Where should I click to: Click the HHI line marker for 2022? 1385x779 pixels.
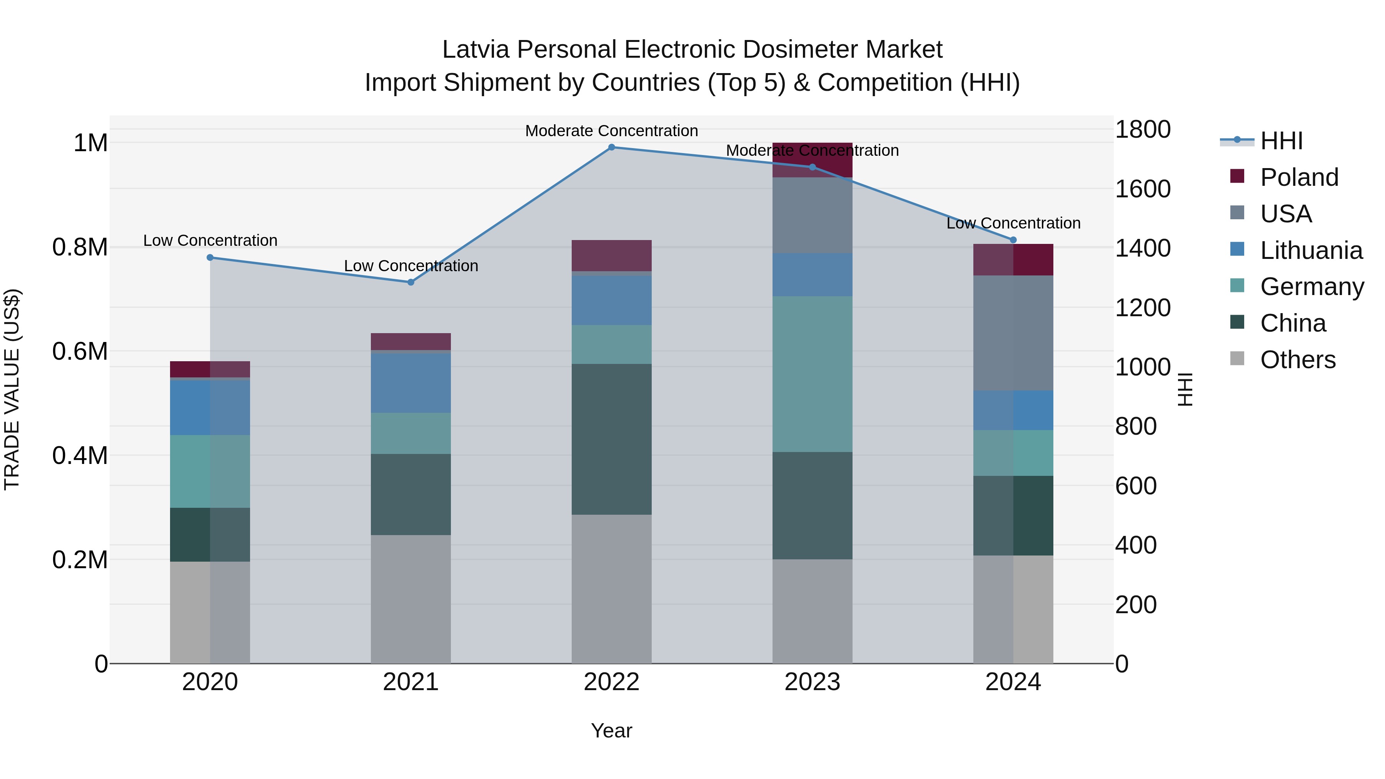click(x=611, y=147)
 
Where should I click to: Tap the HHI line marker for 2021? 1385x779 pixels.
click(x=411, y=282)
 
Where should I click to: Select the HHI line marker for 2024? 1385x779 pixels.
click(x=1013, y=240)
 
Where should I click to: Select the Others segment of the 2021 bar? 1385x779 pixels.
click(x=411, y=599)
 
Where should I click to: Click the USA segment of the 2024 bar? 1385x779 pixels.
click(x=1013, y=333)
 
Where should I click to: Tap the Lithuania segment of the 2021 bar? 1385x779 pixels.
click(x=411, y=383)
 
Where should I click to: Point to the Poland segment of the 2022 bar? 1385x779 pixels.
click(x=611, y=255)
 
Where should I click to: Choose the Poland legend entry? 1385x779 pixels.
click(x=1298, y=177)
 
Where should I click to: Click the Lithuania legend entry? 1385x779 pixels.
click(x=1311, y=250)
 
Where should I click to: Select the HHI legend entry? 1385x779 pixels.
click(x=1281, y=141)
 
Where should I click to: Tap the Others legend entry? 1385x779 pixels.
click(x=1297, y=360)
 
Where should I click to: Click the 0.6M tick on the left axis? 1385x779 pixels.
click(x=80, y=352)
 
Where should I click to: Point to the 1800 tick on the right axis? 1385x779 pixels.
click(x=1143, y=130)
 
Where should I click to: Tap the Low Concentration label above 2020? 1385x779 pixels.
click(x=210, y=240)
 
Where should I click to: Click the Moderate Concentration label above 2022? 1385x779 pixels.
click(x=611, y=131)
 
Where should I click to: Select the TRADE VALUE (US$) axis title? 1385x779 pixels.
click(x=12, y=389)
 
